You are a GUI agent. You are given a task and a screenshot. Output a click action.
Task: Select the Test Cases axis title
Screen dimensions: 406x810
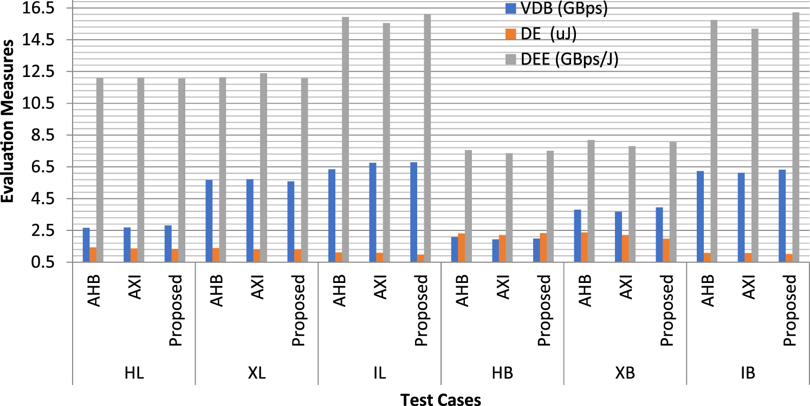440,399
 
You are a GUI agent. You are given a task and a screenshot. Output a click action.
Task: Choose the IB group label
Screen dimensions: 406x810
749,373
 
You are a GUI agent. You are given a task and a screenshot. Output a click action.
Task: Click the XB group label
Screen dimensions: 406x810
626,373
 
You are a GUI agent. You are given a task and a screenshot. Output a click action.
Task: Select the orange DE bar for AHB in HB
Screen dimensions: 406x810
461,247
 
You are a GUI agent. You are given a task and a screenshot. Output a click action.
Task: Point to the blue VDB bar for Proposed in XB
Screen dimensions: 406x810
659,234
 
